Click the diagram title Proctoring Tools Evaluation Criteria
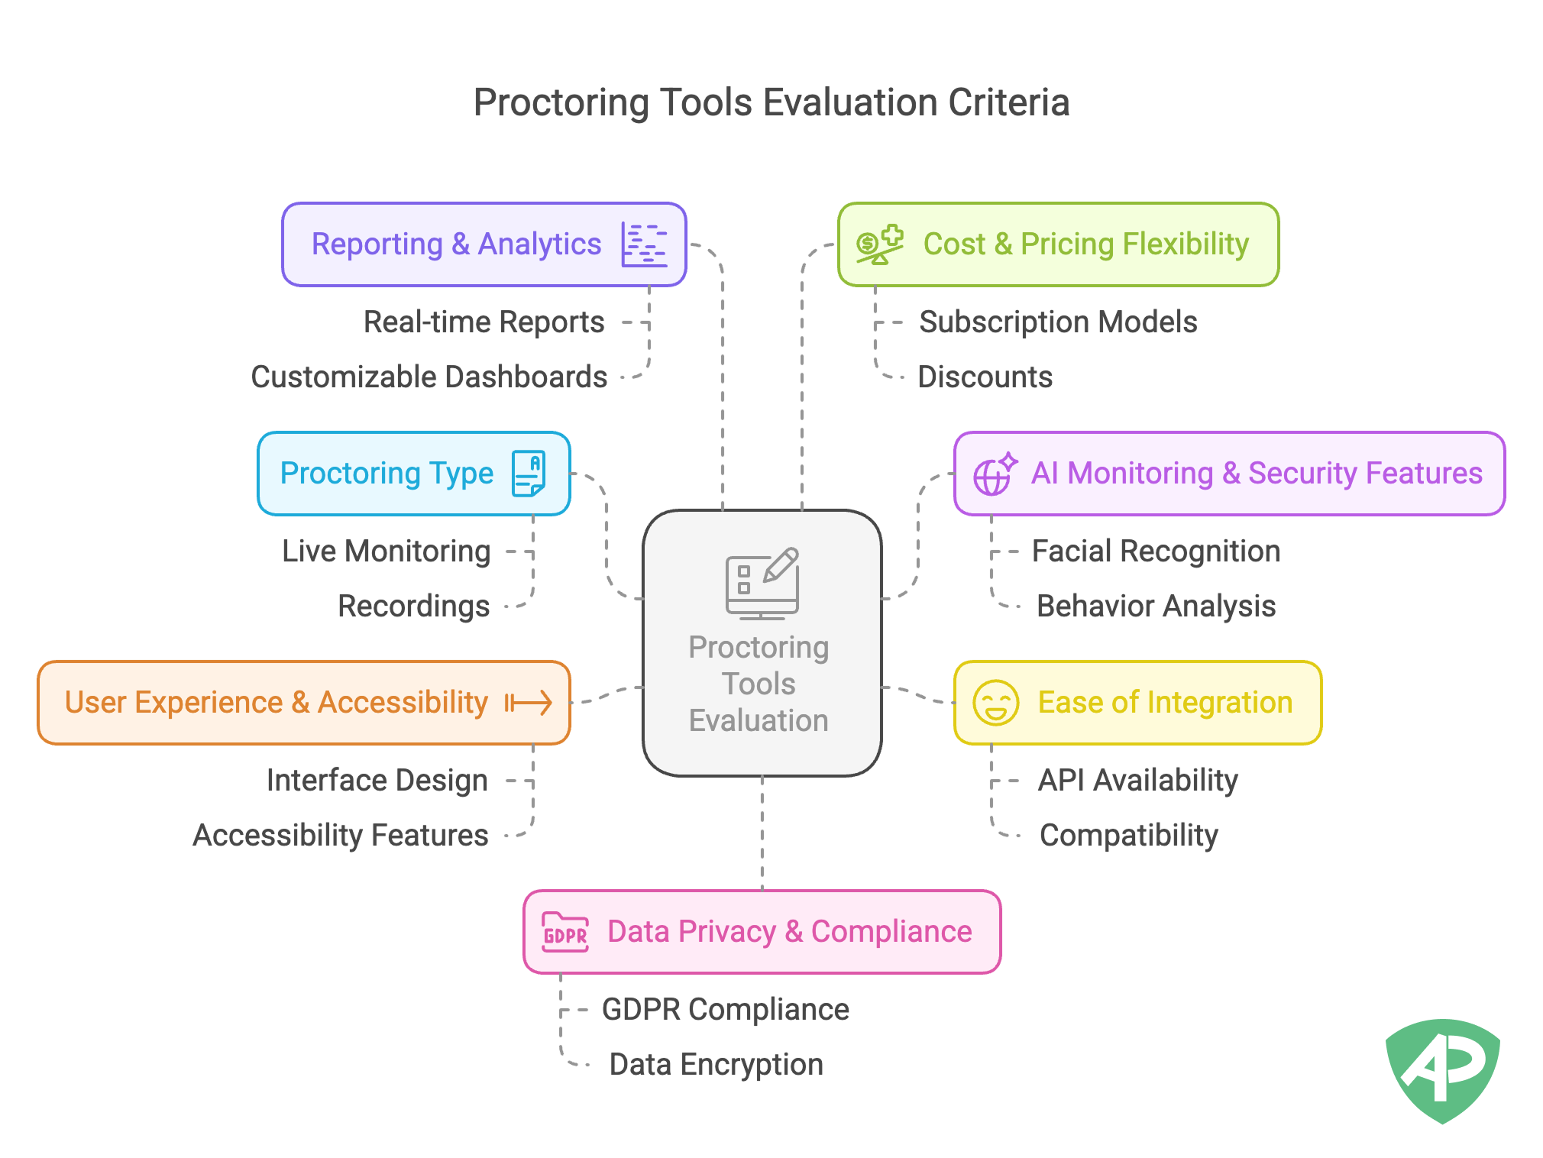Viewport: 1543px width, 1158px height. point(771,102)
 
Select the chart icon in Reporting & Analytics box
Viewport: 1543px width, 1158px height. point(644,244)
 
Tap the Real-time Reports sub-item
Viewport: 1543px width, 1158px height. point(484,322)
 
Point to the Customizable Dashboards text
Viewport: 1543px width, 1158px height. point(429,377)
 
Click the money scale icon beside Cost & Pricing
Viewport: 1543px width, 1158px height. point(879,244)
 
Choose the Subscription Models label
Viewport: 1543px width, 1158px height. point(1057,322)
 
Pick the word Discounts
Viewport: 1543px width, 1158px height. point(984,377)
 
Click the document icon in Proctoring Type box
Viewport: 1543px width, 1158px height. point(529,474)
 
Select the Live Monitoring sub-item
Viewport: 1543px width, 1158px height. point(386,552)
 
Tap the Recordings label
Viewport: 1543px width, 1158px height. point(413,606)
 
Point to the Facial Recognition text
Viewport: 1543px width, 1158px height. point(1155,552)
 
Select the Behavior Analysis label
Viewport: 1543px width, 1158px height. point(1155,606)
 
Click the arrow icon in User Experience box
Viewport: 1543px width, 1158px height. point(529,703)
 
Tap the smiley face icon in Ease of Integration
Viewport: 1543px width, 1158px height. point(995,703)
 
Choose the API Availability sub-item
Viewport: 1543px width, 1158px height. point(1137,781)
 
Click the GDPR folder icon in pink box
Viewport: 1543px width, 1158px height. point(565,932)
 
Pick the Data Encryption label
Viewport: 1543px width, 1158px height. point(716,1065)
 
